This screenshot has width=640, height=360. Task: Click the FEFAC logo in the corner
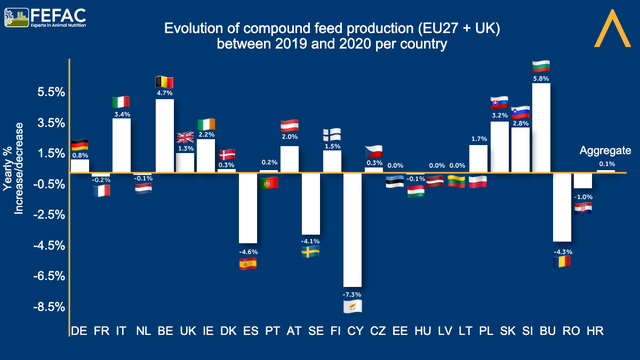coord(45,17)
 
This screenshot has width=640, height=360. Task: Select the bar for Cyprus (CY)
coord(353,229)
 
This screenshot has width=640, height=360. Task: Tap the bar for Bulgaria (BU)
coord(541,128)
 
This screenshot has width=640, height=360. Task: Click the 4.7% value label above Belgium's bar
coord(164,93)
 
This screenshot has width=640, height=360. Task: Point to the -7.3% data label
coord(353,294)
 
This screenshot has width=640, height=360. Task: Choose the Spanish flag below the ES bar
coord(248,263)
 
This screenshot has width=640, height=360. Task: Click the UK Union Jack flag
coord(185,138)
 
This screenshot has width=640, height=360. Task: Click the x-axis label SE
coord(316,331)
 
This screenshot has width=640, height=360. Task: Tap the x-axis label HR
coord(595,331)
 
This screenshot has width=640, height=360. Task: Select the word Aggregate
coord(605,150)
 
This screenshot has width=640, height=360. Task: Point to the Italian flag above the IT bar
coord(121,102)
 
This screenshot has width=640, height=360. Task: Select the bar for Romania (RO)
coord(562,207)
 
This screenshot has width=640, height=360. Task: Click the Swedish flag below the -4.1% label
coord(310,252)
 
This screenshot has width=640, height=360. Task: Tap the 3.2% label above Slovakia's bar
coord(499,115)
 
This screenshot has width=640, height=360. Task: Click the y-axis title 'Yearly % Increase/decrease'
coord(14,168)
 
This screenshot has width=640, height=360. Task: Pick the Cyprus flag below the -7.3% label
coord(353,306)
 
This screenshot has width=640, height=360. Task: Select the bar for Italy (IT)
coord(122,146)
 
